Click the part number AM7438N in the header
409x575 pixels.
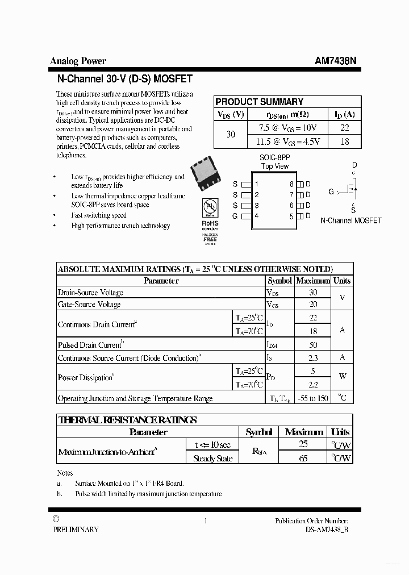pos(336,61)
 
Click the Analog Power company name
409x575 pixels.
pos(78,61)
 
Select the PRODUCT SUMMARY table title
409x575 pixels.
pos(259,102)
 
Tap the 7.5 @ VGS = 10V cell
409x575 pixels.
pos(287,128)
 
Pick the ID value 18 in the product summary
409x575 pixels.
pos(344,141)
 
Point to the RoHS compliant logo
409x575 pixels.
pos(210,223)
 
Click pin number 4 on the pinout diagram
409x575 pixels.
pos(257,216)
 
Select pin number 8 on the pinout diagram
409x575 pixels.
pos(291,184)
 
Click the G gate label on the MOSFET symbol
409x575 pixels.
pos(331,192)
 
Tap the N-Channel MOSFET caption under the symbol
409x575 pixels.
pos(351,220)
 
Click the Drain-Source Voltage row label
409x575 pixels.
pos(90,293)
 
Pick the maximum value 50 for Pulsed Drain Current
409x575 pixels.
pos(313,345)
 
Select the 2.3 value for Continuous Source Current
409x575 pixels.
pos(313,358)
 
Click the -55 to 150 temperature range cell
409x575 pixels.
pos(313,398)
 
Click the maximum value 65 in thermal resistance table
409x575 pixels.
pos(303,458)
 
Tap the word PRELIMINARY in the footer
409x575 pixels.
pos(76,530)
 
